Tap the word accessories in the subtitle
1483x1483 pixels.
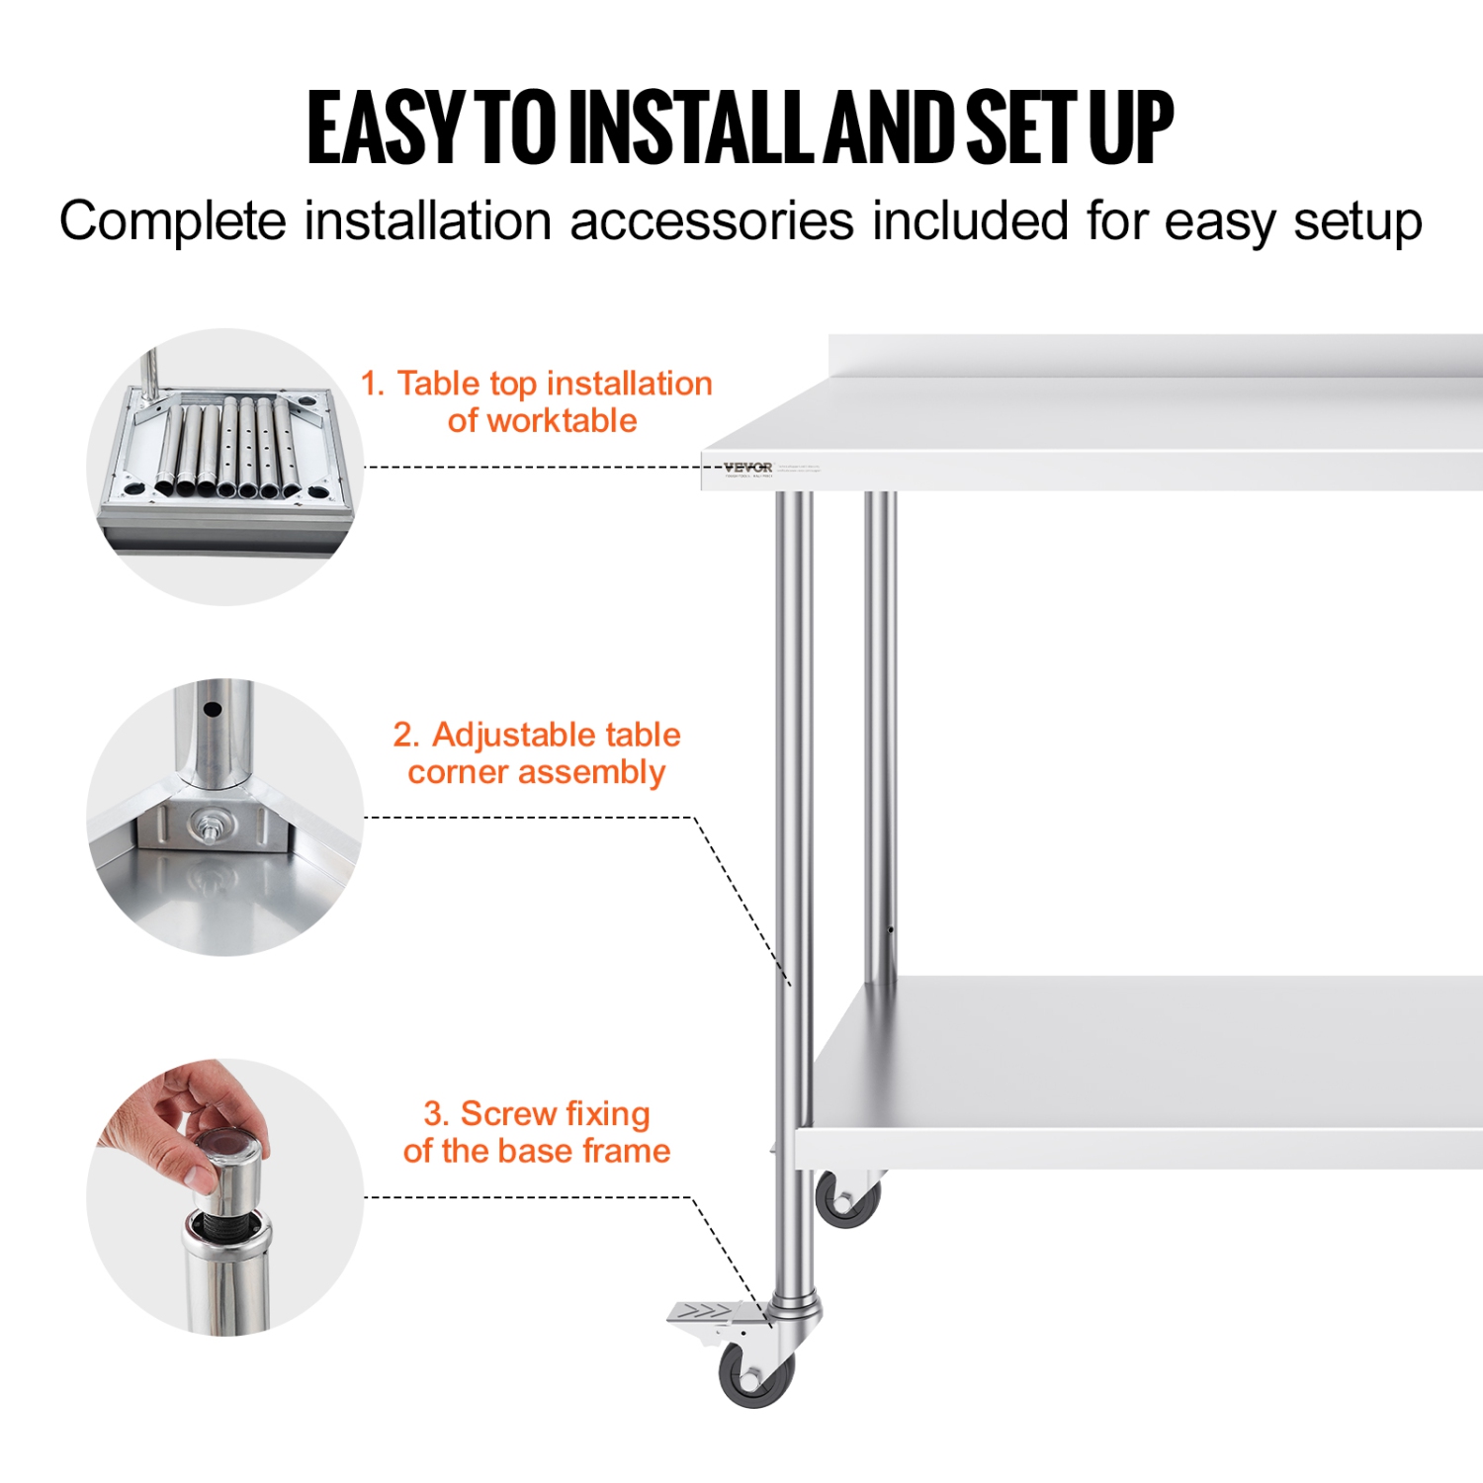point(711,220)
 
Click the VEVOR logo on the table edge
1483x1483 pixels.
point(747,468)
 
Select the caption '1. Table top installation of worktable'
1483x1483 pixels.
point(537,401)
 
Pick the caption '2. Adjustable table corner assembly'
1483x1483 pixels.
point(537,753)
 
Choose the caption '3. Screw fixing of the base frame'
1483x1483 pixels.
point(537,1132)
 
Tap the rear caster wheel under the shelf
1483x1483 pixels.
point(848,1199)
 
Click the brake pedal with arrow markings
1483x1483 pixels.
point(708,1313)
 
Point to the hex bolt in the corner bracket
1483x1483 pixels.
point(210,823)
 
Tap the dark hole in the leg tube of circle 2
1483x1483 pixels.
point(212,709)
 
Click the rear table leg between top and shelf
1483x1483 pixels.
point(880,732)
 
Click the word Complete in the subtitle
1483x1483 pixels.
point(172,220)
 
